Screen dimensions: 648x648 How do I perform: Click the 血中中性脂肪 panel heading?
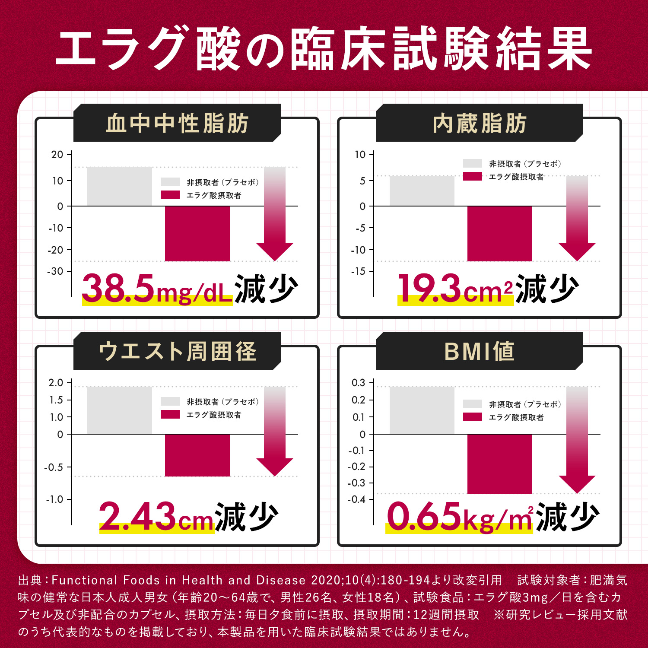coord(177,123)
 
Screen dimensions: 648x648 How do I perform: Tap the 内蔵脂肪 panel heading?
coord(480,123)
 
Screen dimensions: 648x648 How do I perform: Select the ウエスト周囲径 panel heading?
coord(177,351)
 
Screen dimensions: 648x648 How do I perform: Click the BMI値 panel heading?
coord(480,351)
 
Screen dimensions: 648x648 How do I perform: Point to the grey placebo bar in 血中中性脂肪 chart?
coord(120,186)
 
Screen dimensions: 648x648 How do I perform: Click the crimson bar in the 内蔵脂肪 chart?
coord(499,233)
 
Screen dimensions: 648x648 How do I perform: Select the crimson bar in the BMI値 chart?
coord(499,464)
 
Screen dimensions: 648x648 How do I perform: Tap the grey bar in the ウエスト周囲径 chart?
coord(120,410)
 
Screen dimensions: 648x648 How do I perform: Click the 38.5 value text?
coord(118,288)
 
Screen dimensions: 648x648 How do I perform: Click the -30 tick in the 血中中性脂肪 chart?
coord(55,271)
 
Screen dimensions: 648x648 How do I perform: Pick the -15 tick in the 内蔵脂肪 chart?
coord(358,271)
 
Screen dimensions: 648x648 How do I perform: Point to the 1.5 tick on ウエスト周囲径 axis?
coord(56,400)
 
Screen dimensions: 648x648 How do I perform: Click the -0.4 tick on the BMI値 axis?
coord(356,499)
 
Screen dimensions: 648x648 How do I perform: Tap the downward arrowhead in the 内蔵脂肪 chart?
coord(577,251)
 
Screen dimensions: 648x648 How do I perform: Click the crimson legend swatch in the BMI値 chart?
coord(472,417)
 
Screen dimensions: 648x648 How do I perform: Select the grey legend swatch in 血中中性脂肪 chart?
coord(170,182)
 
